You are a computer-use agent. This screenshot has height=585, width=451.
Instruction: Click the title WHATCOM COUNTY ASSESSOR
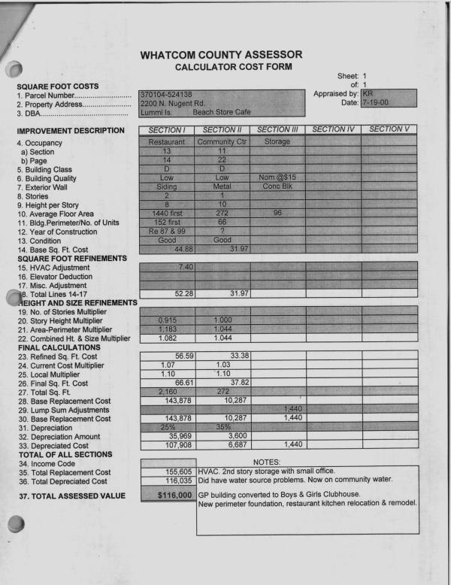221,55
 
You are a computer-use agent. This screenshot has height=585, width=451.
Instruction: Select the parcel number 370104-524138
167,94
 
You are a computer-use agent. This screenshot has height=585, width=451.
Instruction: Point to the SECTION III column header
277,129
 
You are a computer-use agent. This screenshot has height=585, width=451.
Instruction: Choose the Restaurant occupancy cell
166,142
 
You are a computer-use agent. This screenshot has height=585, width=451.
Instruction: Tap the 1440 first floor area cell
166,214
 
